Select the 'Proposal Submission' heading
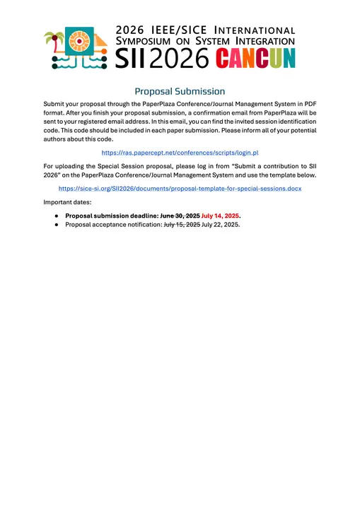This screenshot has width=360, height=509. pyautogui.click(x=180, y=91)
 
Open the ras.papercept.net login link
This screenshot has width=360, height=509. pyautogui.click(x=180, y=153)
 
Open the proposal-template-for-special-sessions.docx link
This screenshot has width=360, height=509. pyautogui.click(x=180, y=189)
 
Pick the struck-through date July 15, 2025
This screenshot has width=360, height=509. pyautogui.click(x=182, y=224)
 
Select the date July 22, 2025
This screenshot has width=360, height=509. pyautogui.click(x=221, y=224)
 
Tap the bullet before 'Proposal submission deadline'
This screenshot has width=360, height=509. pyautogui.click(x=56, y=215)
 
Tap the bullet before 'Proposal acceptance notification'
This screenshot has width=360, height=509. pyautogui.click(x=56, y=224)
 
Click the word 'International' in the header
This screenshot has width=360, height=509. pyautogui.click(x=254, y=30)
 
